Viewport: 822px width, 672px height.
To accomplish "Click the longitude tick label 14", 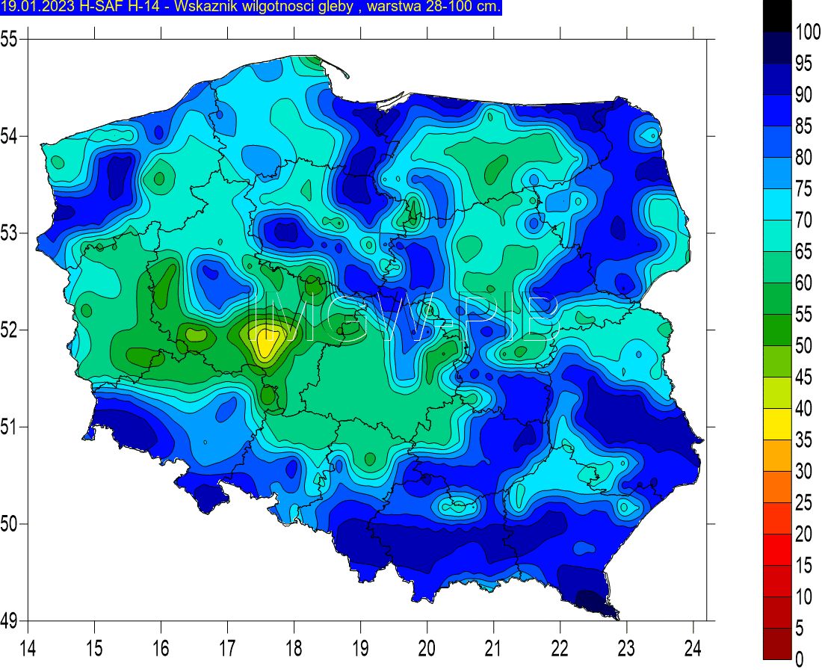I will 28,647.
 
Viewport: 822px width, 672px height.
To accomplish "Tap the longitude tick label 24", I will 693,647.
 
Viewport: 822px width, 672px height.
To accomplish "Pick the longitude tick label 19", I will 360,647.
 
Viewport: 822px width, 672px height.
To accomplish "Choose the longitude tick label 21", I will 493,647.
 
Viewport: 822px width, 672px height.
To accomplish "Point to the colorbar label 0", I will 800,660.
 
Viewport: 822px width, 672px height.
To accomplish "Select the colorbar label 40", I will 804,409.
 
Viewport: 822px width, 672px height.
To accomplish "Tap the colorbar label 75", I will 804,189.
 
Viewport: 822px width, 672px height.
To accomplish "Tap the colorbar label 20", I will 804,534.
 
